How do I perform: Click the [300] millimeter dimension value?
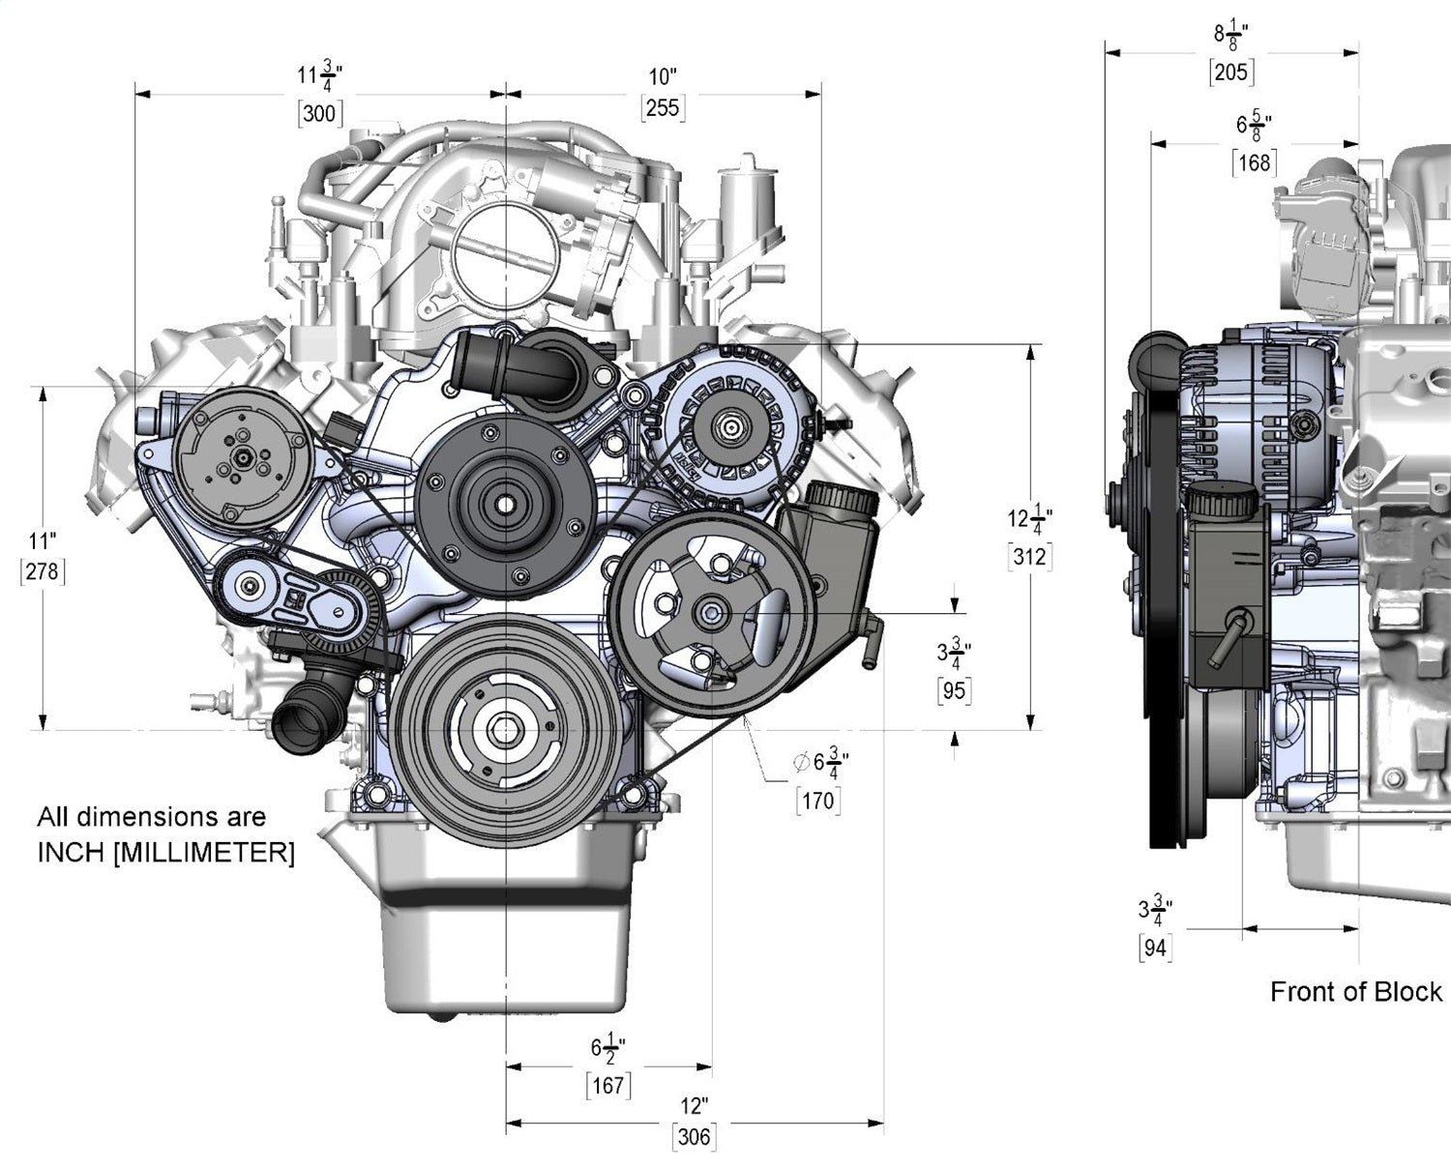click(x=319, y=113)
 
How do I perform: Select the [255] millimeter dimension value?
click(x=663, y=107)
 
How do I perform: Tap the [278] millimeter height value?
click(x=42, y=571)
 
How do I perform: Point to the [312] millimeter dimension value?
click(x=1029, y=556)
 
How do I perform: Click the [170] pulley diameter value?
click(x=817, y=801)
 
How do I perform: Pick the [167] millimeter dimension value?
click(x=608, y=1086)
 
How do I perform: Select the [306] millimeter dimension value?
click(x=694, y=1138)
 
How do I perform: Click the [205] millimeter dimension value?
click(x=1230, y=72)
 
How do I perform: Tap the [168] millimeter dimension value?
click(x=1254, y=162)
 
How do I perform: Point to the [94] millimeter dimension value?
click(x=1155, y=948)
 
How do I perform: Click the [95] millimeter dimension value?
click(x=955, y=690)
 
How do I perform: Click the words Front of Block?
click(x=1355, y=992)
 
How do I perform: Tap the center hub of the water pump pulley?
click(x=505, y=503)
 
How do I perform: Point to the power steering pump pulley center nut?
click(x=712, y=612)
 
